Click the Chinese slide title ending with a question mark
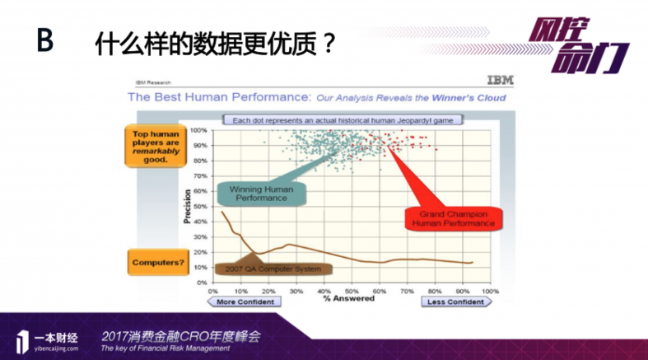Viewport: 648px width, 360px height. (216, 43)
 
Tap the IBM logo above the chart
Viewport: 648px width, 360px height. (497, 82)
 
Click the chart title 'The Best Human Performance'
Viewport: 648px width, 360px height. (218, 97)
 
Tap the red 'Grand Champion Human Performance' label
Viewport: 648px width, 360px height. (451, 217)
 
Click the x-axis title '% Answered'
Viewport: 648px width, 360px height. (348, 298)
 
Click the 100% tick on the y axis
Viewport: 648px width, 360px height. (199, 130)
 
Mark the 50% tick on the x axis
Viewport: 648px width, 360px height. (352, 290)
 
